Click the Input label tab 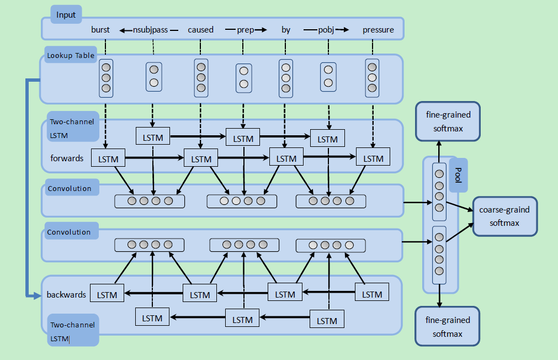(x=66, y=15)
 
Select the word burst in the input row (x=100, y=30)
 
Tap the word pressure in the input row (x=378, y=30)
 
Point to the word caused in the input (x=200, y=30)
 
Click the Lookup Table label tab (x=70, y=55)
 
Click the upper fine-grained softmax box (x=448, y=121)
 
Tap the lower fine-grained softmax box (x=448, y=327)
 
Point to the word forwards (x=67, y=158)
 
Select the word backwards (x=66, y=295)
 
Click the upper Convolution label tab (x=70, y=188)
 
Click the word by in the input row (x=286, y=30)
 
